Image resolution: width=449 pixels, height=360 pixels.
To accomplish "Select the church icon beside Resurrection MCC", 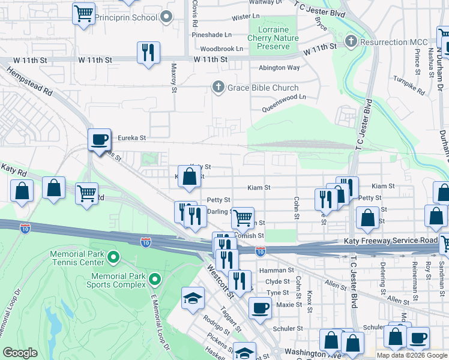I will (x=351, y=42).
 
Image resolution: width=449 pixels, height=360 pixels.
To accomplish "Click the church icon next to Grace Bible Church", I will (x=218, y=88).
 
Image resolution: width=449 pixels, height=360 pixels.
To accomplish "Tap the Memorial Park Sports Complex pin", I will (x=155, y=279).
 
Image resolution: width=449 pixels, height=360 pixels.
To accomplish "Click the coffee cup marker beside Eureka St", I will (x=99, y=140).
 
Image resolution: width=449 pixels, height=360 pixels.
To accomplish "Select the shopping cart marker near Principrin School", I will (x=83, y=13).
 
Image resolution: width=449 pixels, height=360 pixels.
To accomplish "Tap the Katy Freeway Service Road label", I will (x=390, y=241).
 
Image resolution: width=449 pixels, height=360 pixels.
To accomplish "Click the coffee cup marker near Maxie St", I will (x=259, y=308).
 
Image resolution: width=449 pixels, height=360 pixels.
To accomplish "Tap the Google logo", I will (x=20, y=353).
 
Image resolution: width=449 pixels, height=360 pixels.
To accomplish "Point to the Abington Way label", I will (x=279, y=68).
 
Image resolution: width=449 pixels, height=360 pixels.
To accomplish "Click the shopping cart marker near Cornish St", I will (x=243, y=218).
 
